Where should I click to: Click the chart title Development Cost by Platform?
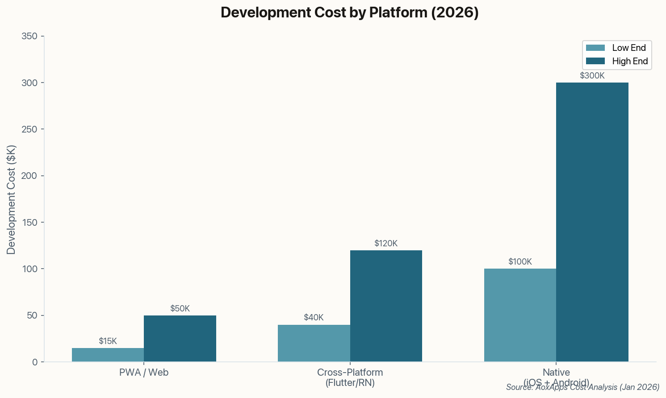click(349, 12)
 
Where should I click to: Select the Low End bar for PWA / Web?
click(108, 355)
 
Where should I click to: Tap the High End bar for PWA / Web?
click(180, 339)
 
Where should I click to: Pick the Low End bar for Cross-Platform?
click(314, 343)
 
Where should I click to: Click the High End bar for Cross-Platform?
click(386, 306)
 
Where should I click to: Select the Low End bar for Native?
click(520, 315)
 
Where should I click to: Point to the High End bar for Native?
click(592, 222)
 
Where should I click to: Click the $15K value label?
click(108, 341)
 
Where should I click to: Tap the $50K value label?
click(180, 309)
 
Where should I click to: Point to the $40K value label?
click(314, 318)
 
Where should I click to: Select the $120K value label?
click(386, 244)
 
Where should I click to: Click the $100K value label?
click(520, 262)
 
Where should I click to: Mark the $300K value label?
click(592, 76)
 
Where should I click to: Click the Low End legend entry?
click(616, 48)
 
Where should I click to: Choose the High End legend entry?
click(616, 61)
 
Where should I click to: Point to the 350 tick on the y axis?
click(29, 36)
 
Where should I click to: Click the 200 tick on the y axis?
click(29, 176)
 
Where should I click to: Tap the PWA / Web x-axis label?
click(144, 373)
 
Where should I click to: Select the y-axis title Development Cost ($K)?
click(11, 199)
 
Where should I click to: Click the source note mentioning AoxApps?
click(582, 387)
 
